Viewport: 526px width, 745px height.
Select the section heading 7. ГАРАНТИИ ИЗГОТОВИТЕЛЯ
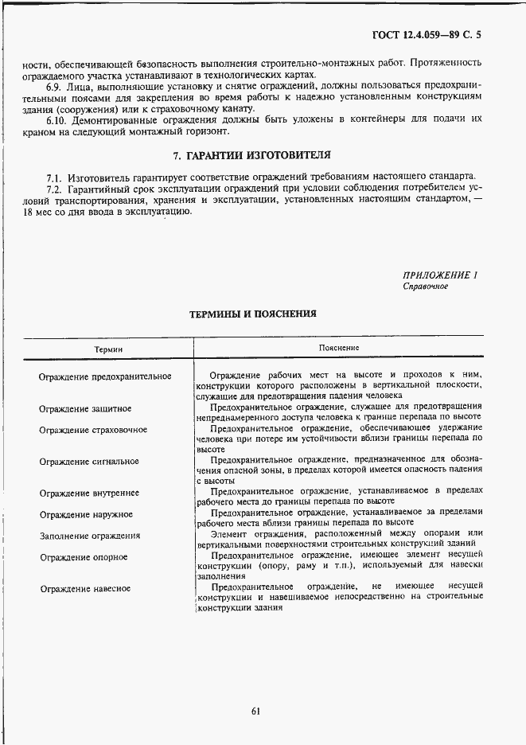pyautogui.click(x=253, y=154)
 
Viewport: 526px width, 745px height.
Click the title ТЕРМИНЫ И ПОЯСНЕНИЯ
pyautogui.click(x=252, y=314)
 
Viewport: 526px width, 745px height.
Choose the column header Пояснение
pyautogui.click(x=339, y=348)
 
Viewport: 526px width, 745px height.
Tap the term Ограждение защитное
pyautogui.click(x=85, y=408)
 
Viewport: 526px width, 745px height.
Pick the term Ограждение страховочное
pyautogui.click(x=93, y=430)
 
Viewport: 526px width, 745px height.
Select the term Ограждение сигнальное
pyautogui.click(x=89, y=462)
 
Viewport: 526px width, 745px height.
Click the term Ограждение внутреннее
pyautogui.click(x=89, y=493)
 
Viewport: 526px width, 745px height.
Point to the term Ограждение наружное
pyautogui.click(x=86, y=515)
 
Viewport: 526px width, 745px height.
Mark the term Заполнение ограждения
pyautogui.click(x=90, y=536)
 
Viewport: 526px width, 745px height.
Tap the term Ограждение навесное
pyautogui.click(x=85, y=589)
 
